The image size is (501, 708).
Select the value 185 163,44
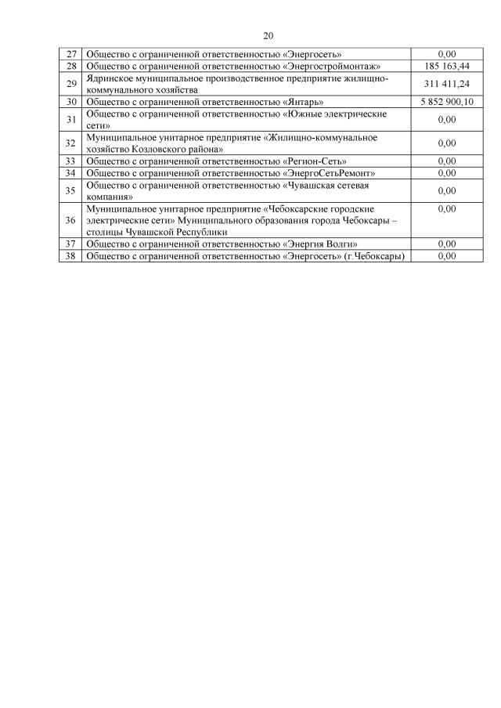pyautogui.click(x=447, y=67)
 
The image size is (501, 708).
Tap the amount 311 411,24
pyautogui.click(x=447, y=84)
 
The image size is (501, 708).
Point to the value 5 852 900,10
pyautogui.click(x=447, y=102)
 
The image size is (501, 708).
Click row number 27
pyautogui.click(x=70, y=54)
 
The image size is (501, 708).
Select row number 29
pyautogui.click(x=70, y=84)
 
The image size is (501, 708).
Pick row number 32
pyautogui.click(x=70, y=143)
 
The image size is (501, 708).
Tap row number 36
pyautogui.click(x=70, y=220)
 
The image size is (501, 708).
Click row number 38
pyautogui.click(x=70, y=255)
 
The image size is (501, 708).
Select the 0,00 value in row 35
pyautogui.click(x=447, y=190)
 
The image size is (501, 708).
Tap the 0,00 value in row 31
pyautogui.click(x=447, y=119)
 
